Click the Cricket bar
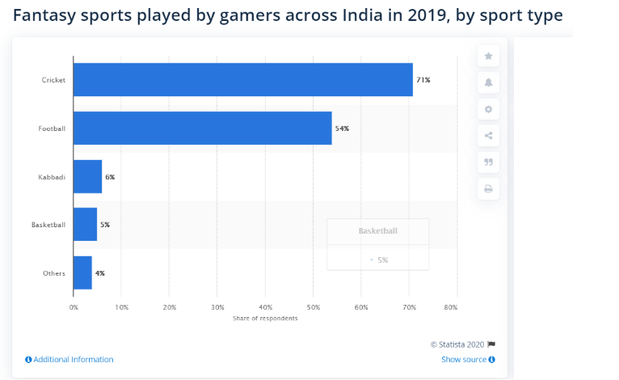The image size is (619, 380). (x=243, y=80)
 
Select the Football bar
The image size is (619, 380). (x=203, y=128)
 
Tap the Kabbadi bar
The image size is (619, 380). (x=87, y=176)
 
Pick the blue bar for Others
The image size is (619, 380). (x=83, y=272)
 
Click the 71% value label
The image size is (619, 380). (x=423, y=80)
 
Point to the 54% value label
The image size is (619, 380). (x=342, y=129)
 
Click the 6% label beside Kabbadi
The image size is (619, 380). (x=110, y=177)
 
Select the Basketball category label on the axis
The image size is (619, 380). (x=48, y=225)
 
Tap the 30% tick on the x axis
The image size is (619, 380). (x=217, y=307)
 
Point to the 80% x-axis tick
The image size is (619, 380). (x=451, y=307)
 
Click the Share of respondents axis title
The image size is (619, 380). (x=265, y=319)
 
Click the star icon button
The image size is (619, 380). (x=488, y=56)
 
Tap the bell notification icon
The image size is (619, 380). (x=488, y=82)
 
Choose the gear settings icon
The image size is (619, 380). (x=488, y=109)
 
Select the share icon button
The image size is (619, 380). (x=488, y=136)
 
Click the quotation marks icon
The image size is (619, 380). (x=488, y=162)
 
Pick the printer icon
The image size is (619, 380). (x=488, y=189)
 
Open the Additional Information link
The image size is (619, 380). (x=69, y=360)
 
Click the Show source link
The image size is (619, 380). (x=468, y=360)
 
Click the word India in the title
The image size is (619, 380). (x=362, y=15)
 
